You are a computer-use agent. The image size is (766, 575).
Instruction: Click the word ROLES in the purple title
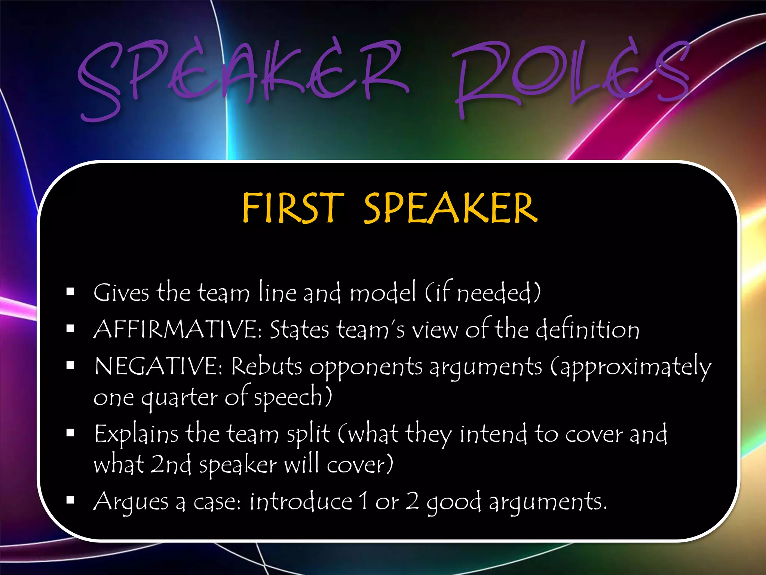pos(572,75)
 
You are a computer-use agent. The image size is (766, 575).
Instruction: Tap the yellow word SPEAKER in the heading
pos(451,208)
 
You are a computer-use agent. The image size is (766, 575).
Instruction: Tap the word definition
pos(587,329)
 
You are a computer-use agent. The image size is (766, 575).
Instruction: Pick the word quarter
pos(179,398)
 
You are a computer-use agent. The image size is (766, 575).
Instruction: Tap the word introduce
pos(301,502)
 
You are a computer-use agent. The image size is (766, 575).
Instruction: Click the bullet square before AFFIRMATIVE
pos(70,329)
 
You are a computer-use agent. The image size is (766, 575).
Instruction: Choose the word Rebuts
pos(266,366)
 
